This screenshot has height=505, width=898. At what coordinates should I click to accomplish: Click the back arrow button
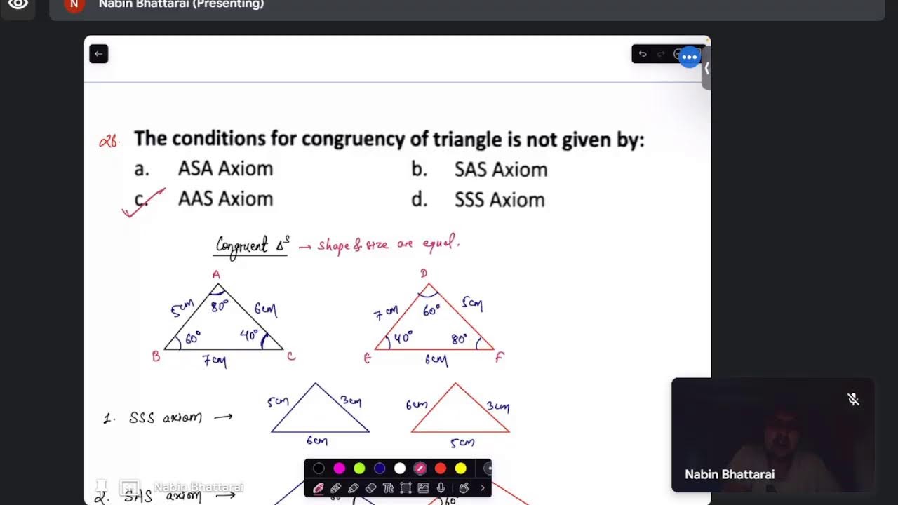[x=99, y=54]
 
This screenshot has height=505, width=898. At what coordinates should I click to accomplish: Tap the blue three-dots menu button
[x=690, y=57]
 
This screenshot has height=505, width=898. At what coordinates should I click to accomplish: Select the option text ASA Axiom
[x=225, y=169]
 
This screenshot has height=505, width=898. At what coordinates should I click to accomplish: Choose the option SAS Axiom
[x=500, y=170]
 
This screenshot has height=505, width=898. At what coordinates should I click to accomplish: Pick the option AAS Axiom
[x=225, y=199]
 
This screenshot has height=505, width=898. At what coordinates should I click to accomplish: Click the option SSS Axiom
[x=500, y=200]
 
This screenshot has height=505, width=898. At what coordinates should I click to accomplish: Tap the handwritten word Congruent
[x=242, y=245]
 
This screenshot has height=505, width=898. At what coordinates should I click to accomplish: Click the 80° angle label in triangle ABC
[x=220, y=306]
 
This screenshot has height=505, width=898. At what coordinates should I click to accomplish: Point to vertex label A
[x=216, y=274]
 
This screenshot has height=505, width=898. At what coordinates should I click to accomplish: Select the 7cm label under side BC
[x=214, y=361]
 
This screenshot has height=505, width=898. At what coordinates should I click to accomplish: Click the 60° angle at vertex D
[x=431, y=309]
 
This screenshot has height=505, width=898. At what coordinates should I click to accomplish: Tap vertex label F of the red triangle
[x=500, y=357]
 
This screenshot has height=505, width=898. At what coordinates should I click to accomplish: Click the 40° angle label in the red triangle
[x=403, y=337]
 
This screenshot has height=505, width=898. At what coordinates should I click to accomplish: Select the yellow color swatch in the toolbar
[x=460, y=468]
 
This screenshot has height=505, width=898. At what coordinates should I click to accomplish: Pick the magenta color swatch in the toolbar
[x=340, y=468]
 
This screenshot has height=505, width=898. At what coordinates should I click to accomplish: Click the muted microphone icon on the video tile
[x=853, y=399]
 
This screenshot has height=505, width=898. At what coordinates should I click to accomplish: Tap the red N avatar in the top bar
[x=74, y=4]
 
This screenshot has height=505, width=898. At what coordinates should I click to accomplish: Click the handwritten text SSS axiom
[x=165, y=418]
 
